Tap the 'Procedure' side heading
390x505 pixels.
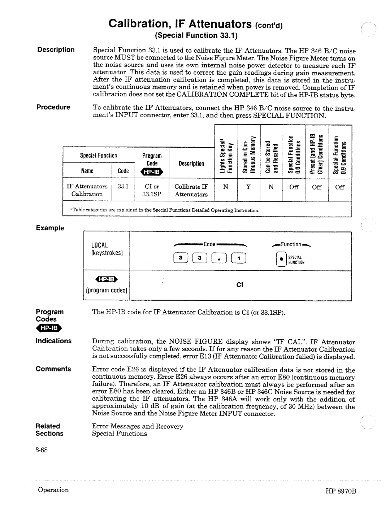[53, 107]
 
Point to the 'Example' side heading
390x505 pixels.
[49, 228]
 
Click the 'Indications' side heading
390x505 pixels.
[53, 341]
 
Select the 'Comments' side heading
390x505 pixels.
[53, 369]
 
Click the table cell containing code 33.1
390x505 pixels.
[123, 187]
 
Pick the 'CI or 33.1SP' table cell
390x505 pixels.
[152, 190]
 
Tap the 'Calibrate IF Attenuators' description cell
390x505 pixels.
[191, 190]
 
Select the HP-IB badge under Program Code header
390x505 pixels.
[152, 172]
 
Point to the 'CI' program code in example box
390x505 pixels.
[240, 285]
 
